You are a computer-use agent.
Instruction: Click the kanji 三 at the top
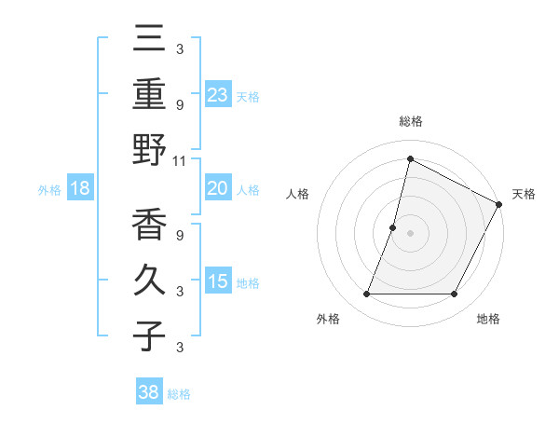[150, 41]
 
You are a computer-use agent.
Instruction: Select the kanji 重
[150, 95]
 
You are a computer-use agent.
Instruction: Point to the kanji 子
[150, 336]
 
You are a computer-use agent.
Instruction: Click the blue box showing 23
[218, 94]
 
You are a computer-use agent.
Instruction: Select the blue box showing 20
[218, 188]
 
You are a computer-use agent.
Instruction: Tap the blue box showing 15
[218, 281]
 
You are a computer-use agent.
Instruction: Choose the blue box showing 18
[80, 188]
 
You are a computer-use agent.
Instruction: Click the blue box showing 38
[149, 392]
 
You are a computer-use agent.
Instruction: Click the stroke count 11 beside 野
[180, 161]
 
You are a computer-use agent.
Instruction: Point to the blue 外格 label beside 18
[49, 189]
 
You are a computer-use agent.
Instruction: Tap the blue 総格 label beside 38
[179, 394]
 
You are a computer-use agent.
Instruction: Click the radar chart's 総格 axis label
[410, 121]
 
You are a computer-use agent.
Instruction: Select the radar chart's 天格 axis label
[524, 194]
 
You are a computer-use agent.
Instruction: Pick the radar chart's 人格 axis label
[298, 194]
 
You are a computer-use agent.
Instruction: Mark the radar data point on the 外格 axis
[366, 294]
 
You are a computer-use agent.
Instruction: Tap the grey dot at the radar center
[410, 233]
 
